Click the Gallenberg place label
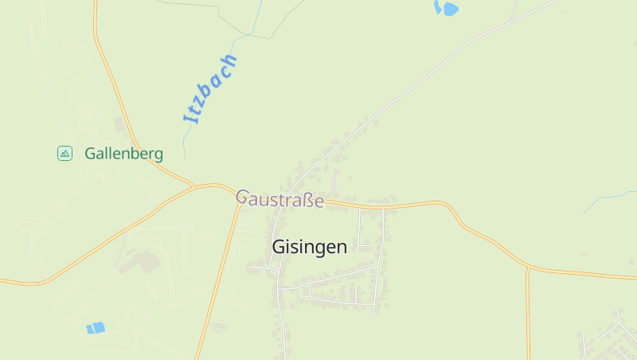click(123, 154)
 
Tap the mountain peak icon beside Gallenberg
click(65, 153)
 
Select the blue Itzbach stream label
click(210, 88)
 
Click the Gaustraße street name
click(279, 198)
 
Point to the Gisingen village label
click(309, 247)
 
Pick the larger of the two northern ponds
click(450, 10)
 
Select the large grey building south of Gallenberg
click(140, 261)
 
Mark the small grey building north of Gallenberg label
click(120, 124)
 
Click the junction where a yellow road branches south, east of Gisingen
click(527, 268)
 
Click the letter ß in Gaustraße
click(308, 200)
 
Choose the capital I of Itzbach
click(189, 119)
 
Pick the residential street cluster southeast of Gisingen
click(605, 335)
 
